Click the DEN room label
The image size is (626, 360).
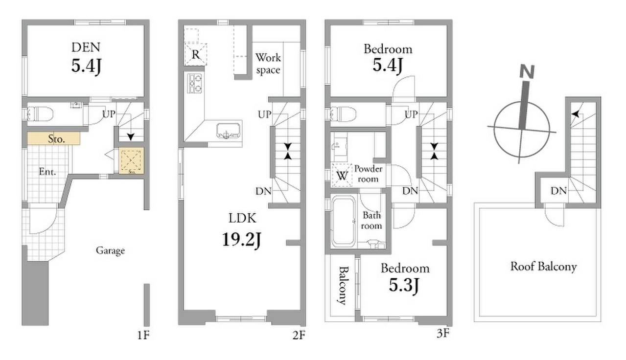pos(86,47)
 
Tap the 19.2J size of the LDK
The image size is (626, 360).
pos(242,240)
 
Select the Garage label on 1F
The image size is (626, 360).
pos(111,250)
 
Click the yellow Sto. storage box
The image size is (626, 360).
pos(54,138)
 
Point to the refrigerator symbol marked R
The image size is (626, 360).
pos(195,54)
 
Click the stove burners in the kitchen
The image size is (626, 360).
pos(195,83)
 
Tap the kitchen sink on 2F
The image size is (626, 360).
pos(228,131)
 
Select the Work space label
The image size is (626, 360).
pos(268,64)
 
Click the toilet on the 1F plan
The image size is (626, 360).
pos(40,114)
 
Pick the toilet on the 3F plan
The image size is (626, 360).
pos(343,114)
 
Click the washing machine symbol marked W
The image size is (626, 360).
pos(342,175)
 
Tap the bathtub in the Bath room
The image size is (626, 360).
pos(343,221)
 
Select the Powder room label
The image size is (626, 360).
pos(369,174)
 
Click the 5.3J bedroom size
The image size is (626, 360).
pos(404,285)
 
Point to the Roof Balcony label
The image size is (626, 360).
pos(544,267)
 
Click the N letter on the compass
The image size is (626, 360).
pos(527,72)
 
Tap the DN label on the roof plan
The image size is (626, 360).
pos(558,191)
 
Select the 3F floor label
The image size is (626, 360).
pos(443,333)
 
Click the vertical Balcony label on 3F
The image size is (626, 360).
pos(343,286)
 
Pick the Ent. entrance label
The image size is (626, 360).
pos(47,172)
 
